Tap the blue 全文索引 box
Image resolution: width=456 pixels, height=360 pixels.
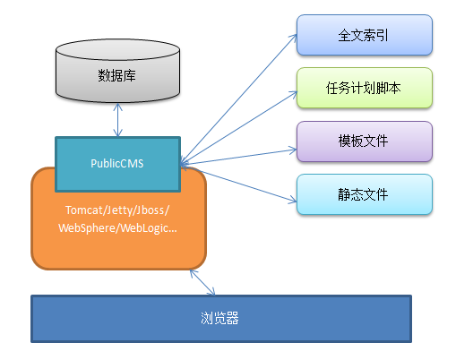point(364,35)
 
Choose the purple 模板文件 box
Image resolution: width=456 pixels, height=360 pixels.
point(364,141)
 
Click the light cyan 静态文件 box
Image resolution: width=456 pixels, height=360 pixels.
point(364,193)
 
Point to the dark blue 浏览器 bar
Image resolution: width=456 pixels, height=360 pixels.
point(221,318)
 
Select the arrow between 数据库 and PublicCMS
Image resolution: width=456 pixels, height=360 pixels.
point(117,119)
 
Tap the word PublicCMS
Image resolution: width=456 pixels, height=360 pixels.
point(118,164)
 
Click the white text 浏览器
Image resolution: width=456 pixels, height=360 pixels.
point(220,318)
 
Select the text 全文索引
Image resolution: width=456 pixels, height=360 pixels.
point(364,35)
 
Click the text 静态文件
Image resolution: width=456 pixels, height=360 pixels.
point(364,193)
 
